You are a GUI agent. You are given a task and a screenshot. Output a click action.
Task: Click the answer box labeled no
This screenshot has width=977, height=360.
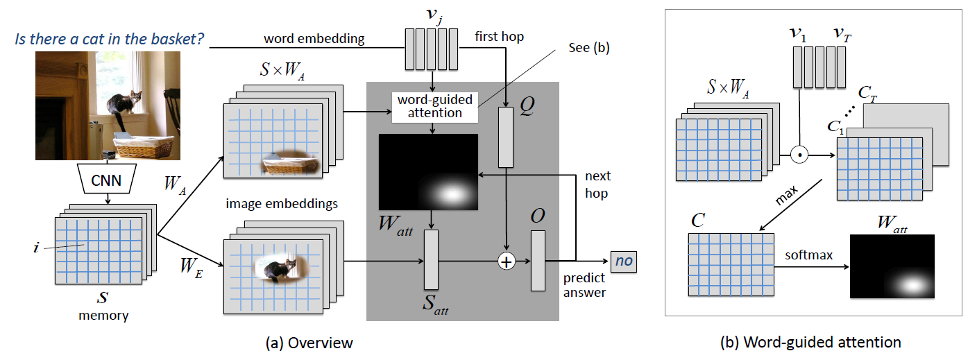(622, 262)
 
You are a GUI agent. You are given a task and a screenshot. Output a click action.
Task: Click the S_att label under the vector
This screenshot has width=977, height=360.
(434, 305)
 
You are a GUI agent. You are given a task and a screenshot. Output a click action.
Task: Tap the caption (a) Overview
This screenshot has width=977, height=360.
(309, 343)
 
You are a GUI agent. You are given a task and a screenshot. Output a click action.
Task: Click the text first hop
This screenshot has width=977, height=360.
(499, 36)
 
